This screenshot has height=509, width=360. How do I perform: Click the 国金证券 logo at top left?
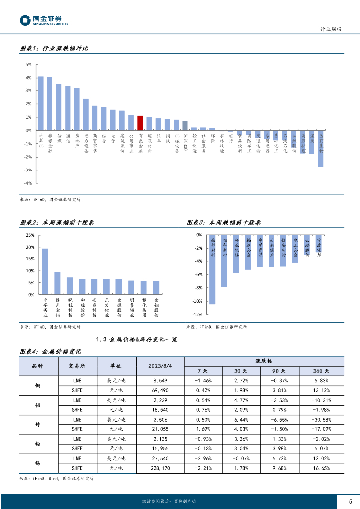(44, 20)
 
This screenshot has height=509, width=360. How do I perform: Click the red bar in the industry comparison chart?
(140, 123)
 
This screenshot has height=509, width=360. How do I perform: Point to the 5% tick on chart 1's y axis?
(28, 65)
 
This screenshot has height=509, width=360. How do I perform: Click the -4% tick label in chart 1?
(28, 183)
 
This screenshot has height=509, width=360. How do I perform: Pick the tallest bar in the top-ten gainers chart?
(45, 271)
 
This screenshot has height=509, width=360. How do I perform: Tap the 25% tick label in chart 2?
(30, 235)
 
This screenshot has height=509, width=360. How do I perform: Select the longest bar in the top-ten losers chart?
(212, 269)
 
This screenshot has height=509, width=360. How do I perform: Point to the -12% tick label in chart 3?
(196, 315)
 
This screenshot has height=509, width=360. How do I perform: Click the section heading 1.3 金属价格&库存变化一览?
(135, 339)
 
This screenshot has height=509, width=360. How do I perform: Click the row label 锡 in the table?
(37, 463)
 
